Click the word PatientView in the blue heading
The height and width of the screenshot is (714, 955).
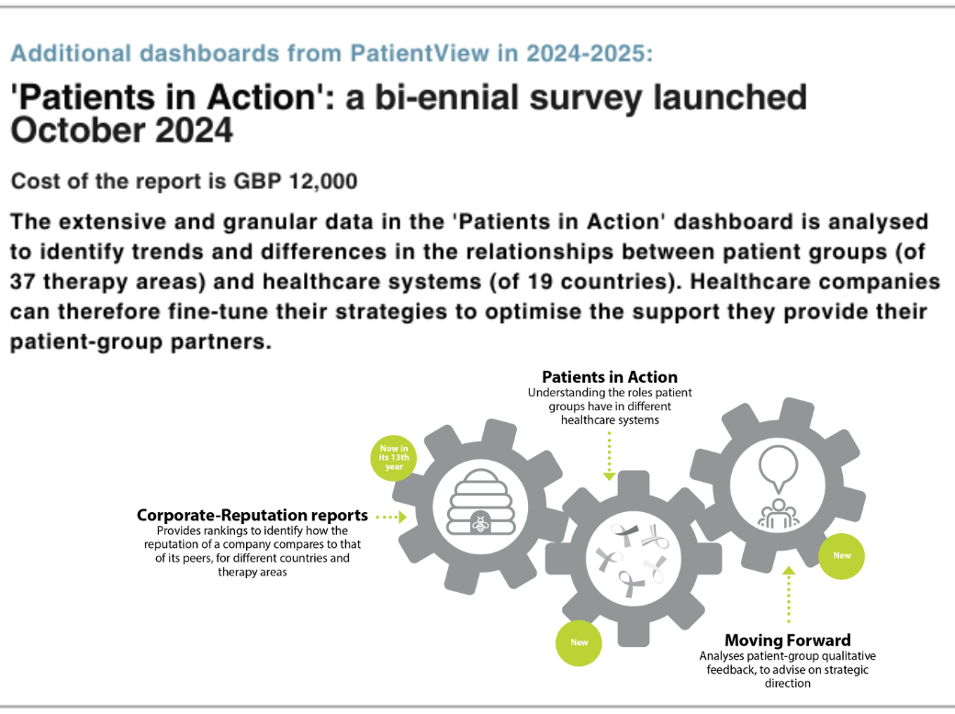(x=420, y=53)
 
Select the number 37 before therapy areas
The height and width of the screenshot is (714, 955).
(x=23, y=282)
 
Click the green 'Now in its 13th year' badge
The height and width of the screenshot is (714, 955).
(x=394, y=458)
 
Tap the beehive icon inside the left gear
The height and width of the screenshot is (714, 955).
(x=480, y=502)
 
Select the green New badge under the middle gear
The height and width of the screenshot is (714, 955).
(x=579, y=642)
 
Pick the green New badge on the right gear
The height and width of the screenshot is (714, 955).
(x=841, y=556)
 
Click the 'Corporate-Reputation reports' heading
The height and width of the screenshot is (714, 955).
(x=253, y=515)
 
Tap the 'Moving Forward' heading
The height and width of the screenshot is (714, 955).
(x=788, y=641)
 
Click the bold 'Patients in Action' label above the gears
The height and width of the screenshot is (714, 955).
(x=610, y=377)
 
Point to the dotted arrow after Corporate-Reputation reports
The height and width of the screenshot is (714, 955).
(x=391, y=517)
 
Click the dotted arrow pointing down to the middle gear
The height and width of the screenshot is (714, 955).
(x=609, y=456)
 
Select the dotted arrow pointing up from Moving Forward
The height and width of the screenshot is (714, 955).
(x=789, y=594)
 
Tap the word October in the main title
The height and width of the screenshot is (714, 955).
(x=79, y=130)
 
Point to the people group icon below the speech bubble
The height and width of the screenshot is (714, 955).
(x=778, y=514)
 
